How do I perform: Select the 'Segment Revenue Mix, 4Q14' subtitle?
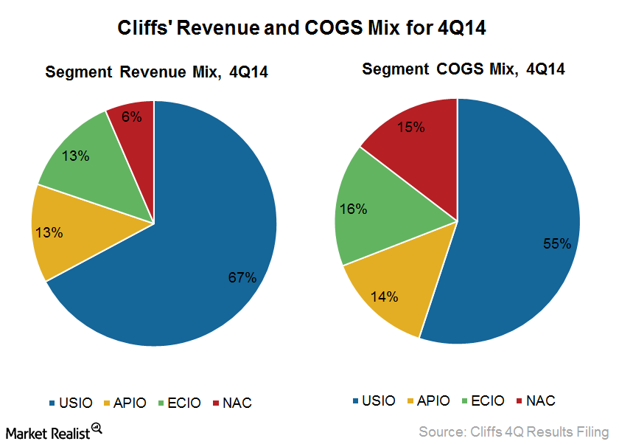tap(156, 72)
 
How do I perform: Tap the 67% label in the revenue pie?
tap(242, 277)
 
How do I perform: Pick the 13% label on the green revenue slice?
tap(75, 156)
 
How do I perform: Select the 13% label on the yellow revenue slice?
tap(49, 232)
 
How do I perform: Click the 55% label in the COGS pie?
tap(556, 243)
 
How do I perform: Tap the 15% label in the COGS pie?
tap(410, 127)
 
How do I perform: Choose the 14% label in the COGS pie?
tap(384, 297)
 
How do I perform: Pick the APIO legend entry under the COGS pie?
tap(430, 400)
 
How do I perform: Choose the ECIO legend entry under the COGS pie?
tap(483, 400)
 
